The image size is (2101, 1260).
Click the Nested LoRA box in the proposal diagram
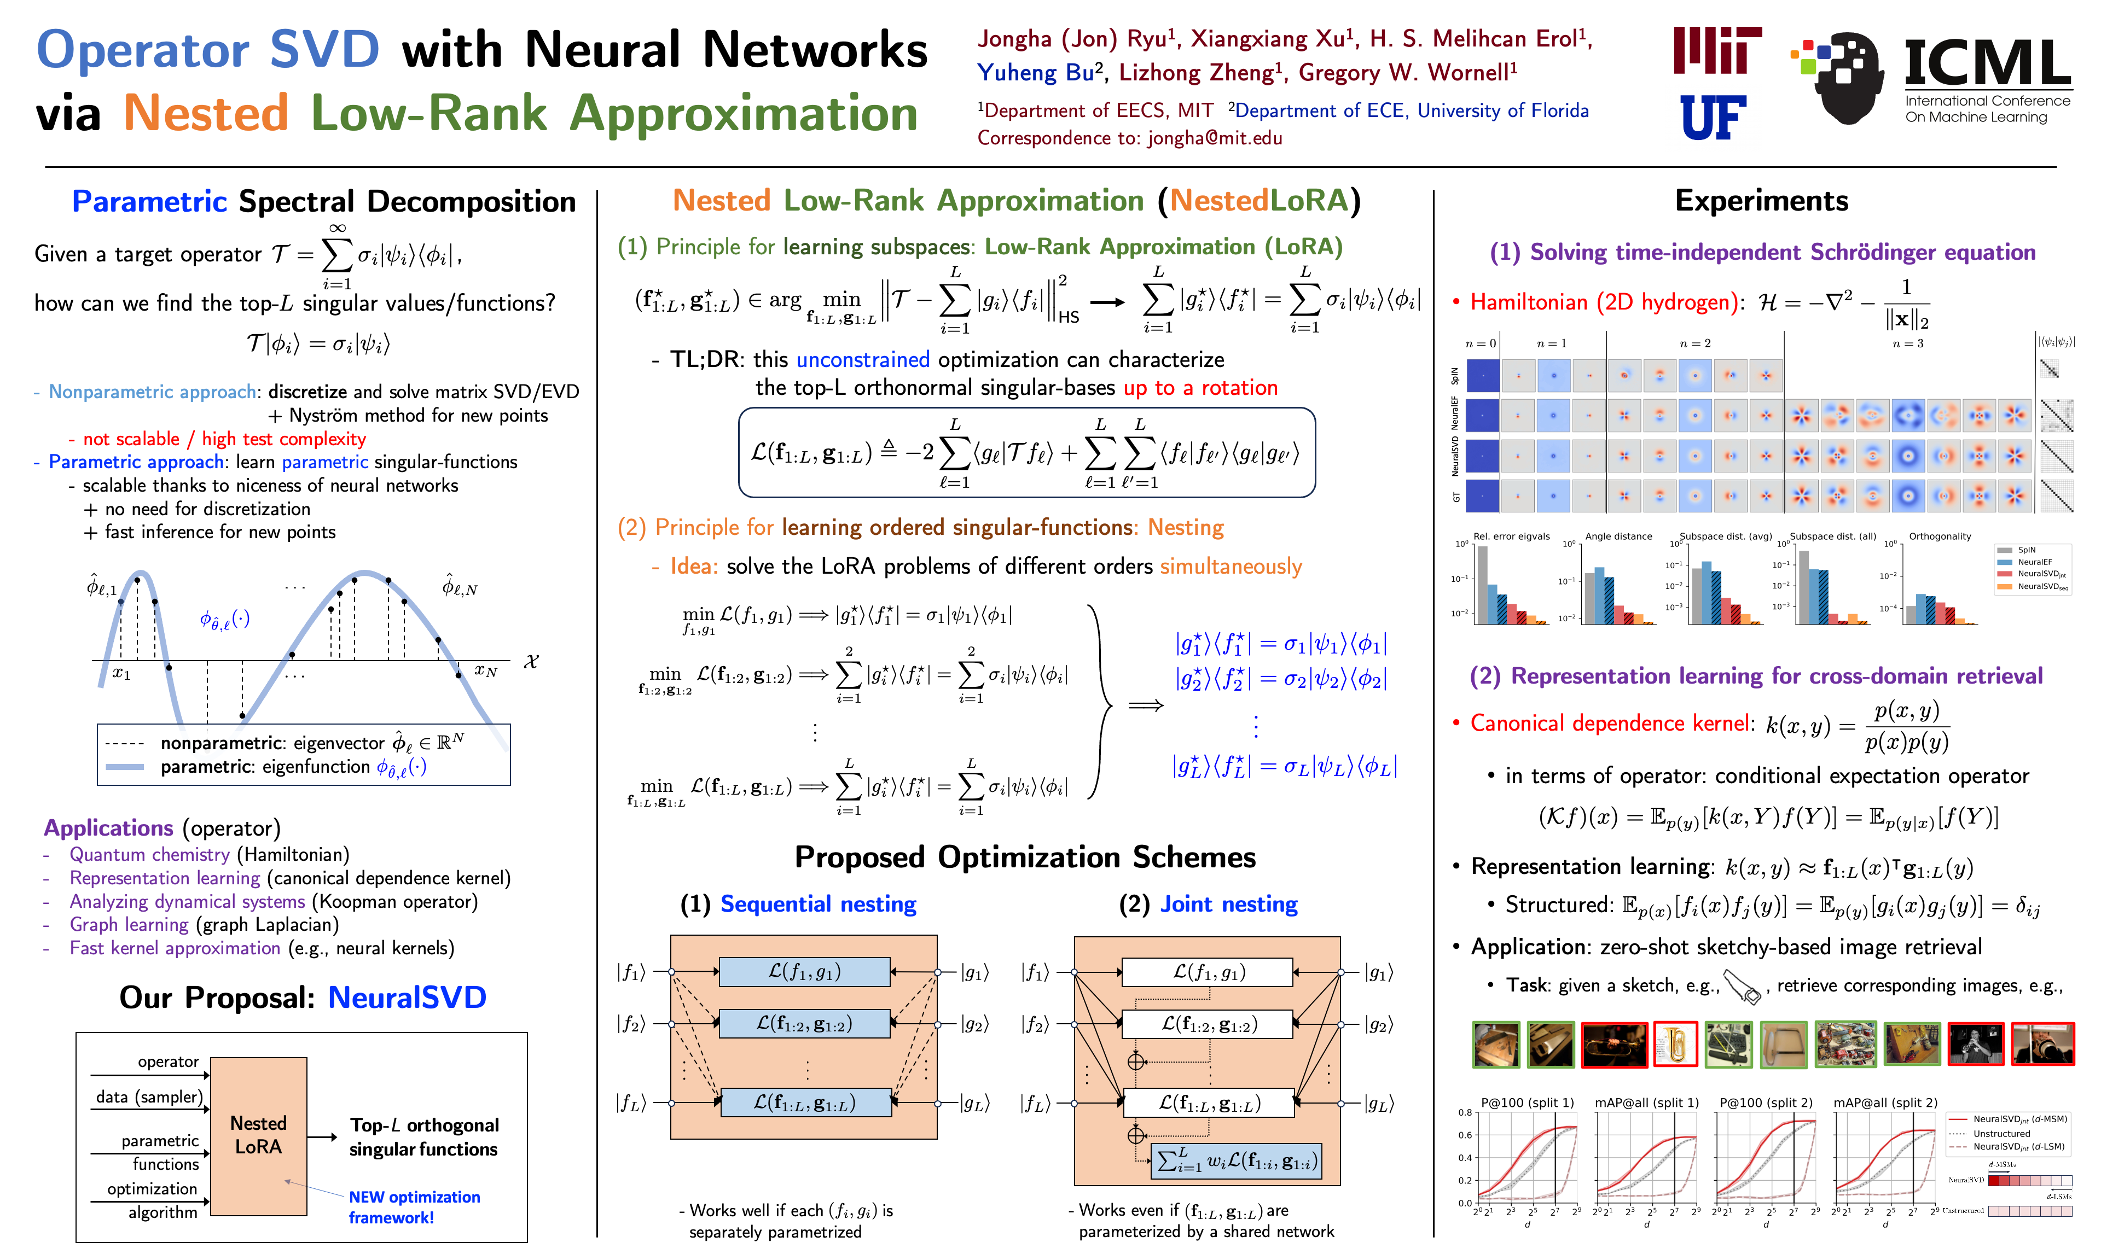[x=258, y=1135]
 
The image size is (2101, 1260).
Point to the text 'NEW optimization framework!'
[x=414, y=1206]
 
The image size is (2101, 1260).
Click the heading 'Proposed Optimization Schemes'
[x=1025, y=857]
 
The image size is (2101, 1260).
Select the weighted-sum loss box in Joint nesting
[x=1237, y=1160]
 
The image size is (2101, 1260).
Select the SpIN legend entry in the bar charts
[x=2025, y=550]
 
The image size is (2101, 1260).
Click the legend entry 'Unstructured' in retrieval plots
[x=2001, y=1134]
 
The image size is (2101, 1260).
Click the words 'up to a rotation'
[x=1200, y=388]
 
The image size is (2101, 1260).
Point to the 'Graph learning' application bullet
[x=129, y=925]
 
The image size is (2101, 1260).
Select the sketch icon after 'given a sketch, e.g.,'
[x=1741, y=987]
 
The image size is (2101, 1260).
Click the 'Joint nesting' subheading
[x=1229, y=904]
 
